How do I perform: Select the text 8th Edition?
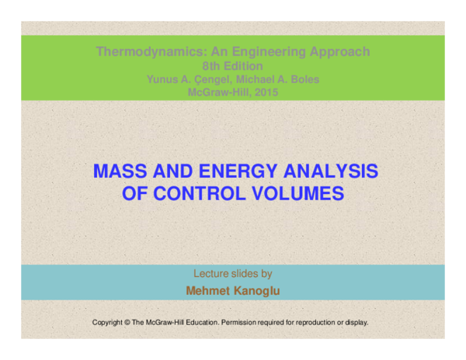click(x=233, y=66)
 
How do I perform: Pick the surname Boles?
click(x=303, y=79)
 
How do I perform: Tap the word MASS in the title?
click(x=118, y=171)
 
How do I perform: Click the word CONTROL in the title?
click(x=204, y=194)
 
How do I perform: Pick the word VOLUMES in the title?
click(x=302, y=194)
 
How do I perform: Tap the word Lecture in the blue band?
click(x=210, y=274)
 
